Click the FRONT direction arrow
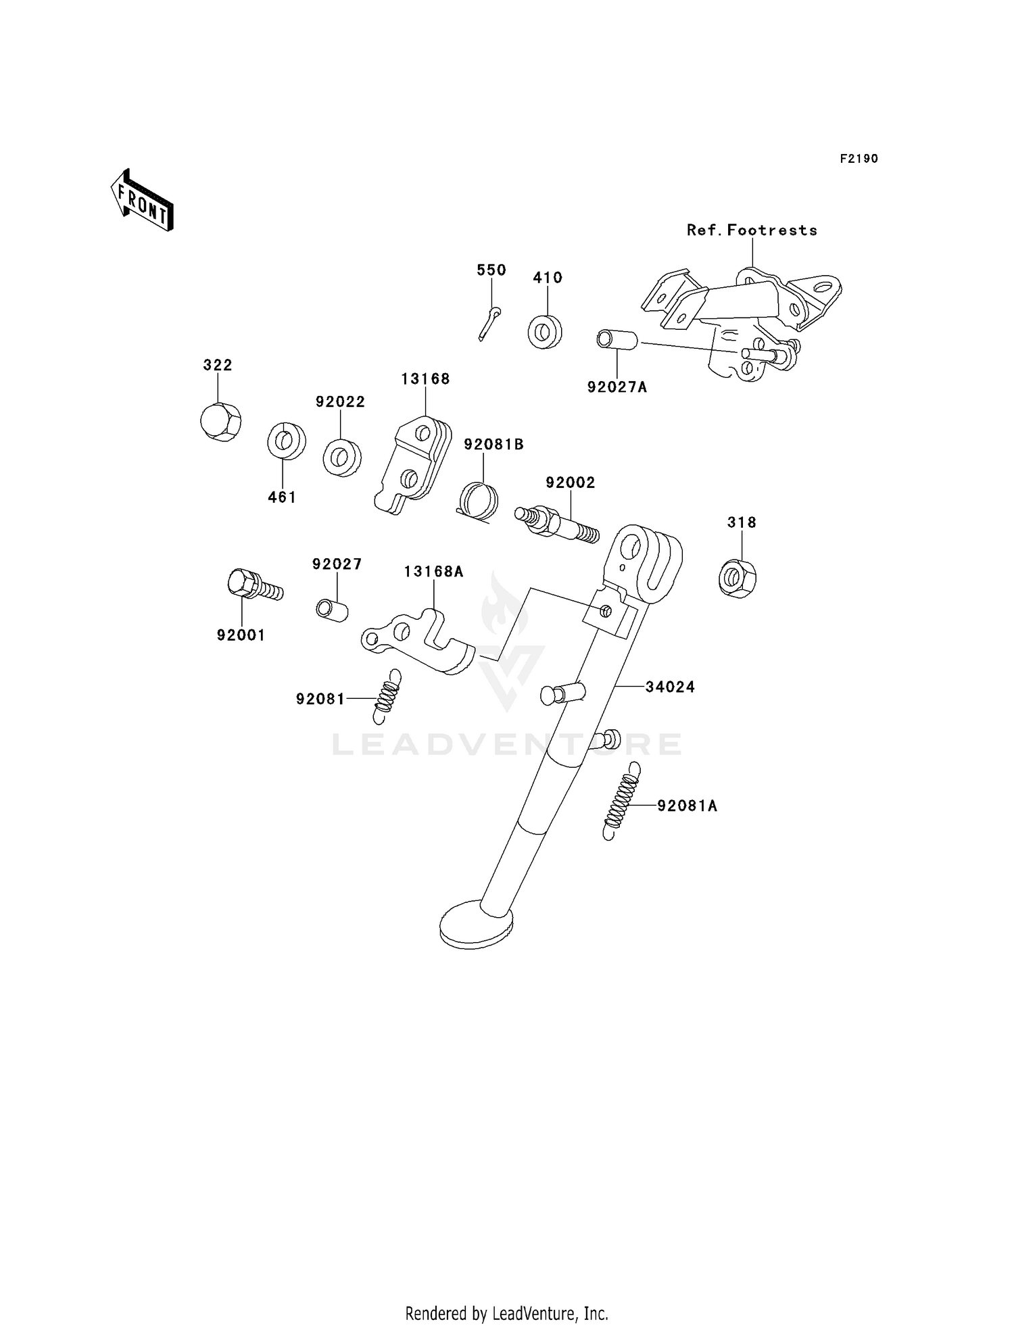click(x=143, y=201)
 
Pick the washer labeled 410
click(x=545, y=331)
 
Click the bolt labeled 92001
click(x=255, y=585)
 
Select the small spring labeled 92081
click(x=387, y=695)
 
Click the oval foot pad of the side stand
click(x=476, y=923)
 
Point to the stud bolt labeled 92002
click(x=556, y=524)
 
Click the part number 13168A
click(x=434, y=572)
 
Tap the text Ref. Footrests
click(x=752, y=230)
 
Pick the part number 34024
click(x=670, y=687)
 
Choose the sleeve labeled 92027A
click(x=617, y=339)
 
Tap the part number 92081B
click(x=493, y=445)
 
